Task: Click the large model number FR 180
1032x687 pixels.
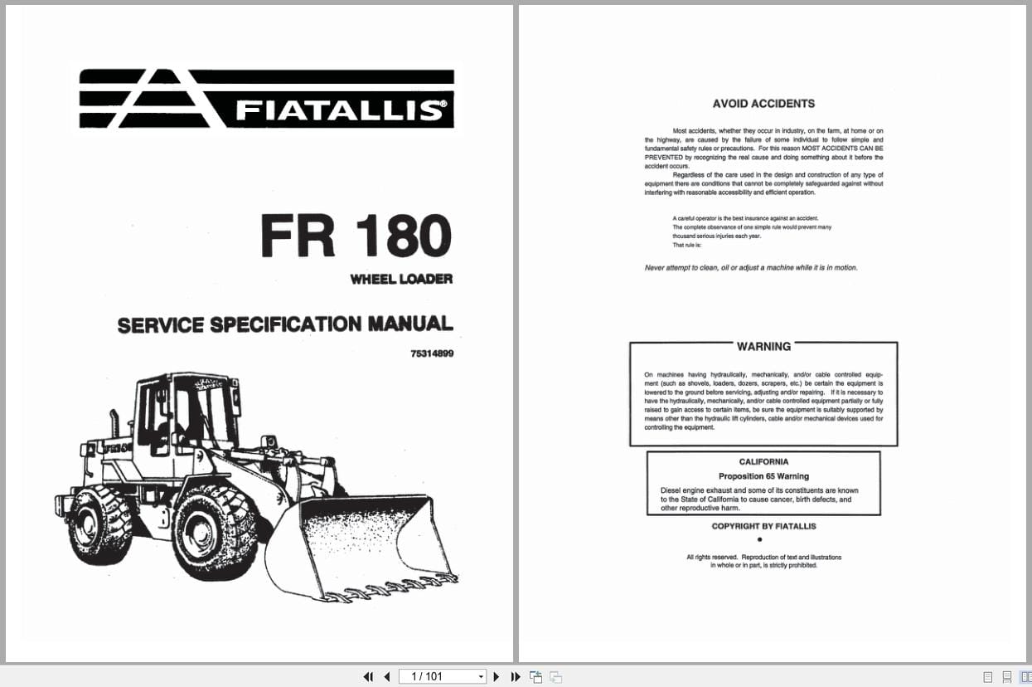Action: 356,236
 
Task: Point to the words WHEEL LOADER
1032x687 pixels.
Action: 401,280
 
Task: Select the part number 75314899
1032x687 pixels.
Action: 432,353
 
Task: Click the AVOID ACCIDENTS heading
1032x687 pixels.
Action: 763,104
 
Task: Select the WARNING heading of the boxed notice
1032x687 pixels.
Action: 763,346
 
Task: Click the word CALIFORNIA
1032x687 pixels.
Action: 763,461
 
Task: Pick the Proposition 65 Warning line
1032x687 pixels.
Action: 763,476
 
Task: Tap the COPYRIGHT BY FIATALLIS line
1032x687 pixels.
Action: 763,526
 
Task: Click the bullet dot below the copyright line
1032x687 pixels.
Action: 760,539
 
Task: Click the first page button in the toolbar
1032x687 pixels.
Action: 368,677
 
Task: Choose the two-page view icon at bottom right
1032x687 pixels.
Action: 1025,677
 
